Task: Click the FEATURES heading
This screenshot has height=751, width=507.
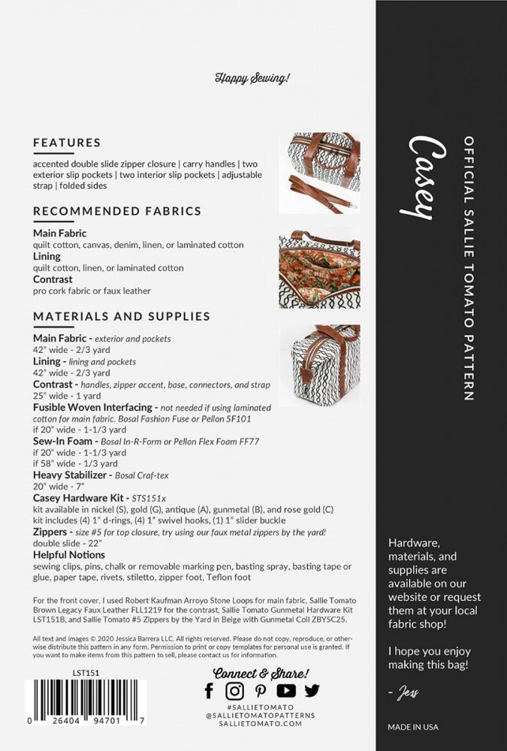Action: [x=67, y=143]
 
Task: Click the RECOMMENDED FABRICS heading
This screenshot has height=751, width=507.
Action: [x=117, y=211]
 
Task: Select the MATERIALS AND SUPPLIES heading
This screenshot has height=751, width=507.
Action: [x=122, y=316]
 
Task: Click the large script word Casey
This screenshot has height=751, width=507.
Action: [x=420, y=178]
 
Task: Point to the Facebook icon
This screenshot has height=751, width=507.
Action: [x=209, y=690]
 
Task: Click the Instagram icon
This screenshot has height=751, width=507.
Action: [x=234, y=690]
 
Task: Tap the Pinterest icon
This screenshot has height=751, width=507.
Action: [x=260, y=690]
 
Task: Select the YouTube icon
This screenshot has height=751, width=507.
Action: [x=285, y=690]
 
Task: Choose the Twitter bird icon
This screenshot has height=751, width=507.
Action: [x=311, y=690]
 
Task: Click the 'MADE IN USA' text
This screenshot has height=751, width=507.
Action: [x=413, y=727]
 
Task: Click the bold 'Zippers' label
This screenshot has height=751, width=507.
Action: [x=53, y=532]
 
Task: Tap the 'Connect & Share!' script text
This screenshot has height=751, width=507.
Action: [x=261, y=673]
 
